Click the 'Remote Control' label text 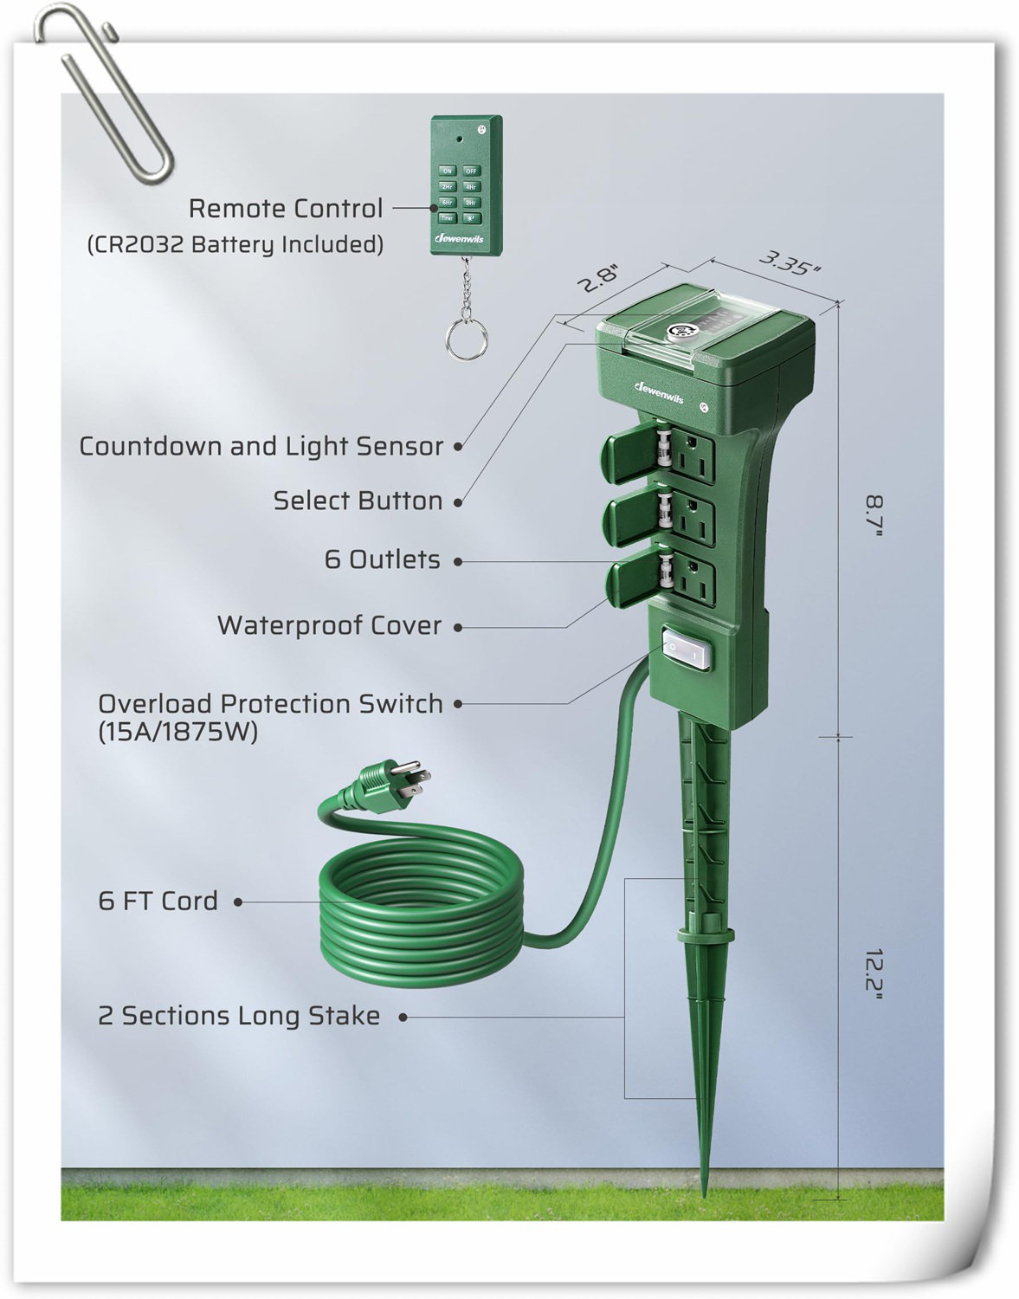point(286,209)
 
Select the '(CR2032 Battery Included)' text point(235,244)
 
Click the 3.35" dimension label point(790,262)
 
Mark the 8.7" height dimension point(875,516)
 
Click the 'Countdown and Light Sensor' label point(261,446)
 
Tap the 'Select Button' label point(358,501)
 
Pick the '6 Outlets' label point(382,559)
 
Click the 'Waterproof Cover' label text point(329,625)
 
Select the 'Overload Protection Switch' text point(270,703)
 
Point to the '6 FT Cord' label point(158,901)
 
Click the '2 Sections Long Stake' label point(239,1015)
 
